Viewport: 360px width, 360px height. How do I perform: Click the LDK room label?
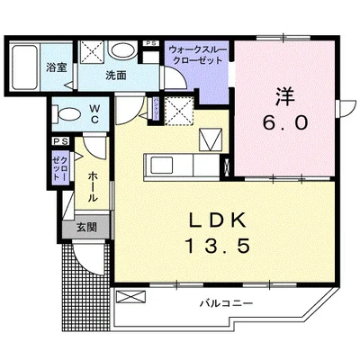coord(214,220)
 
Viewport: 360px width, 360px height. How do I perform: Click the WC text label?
coord(94,113)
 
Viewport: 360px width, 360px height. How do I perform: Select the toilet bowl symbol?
coord(67,113)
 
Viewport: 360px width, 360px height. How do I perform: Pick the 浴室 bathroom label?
coord(57,65)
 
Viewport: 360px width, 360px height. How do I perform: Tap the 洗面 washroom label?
coord(115,76)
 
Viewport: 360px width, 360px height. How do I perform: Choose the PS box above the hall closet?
coord(60,142)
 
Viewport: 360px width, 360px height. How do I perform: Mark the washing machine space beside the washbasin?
coord(91,51)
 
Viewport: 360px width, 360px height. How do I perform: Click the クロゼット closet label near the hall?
coord(59,166)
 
